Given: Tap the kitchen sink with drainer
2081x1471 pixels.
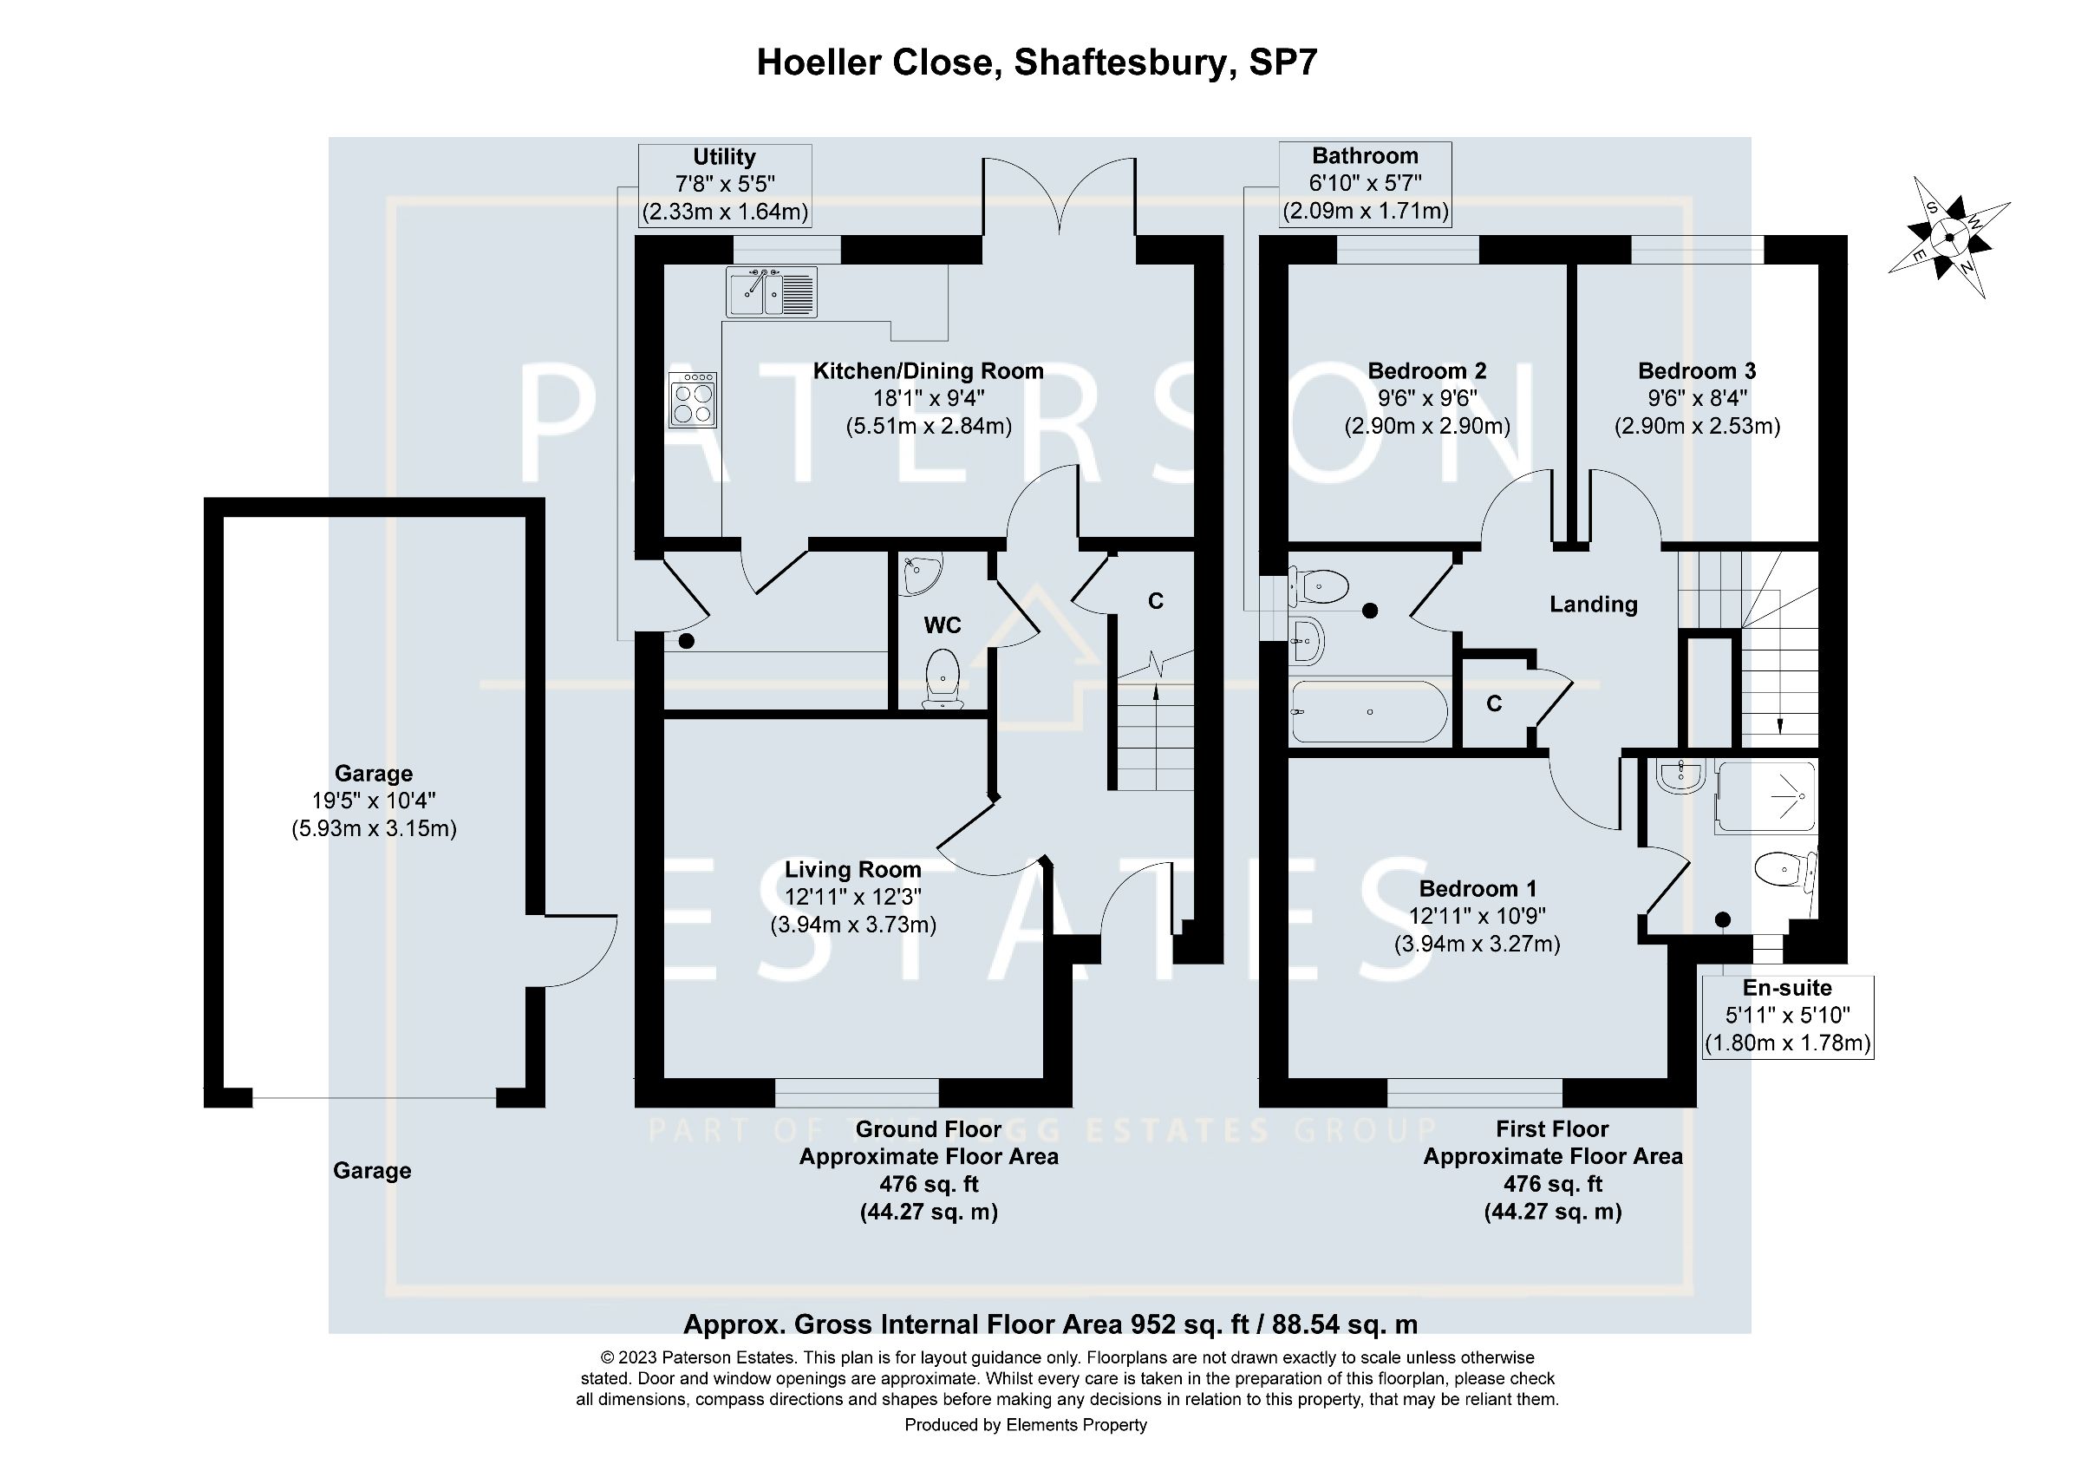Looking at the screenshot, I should (772, 291).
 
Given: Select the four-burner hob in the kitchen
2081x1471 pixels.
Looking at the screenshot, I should (693, 400).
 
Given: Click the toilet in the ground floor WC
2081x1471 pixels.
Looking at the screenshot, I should (943, 678).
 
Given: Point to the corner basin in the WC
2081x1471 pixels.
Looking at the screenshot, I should (921, 573).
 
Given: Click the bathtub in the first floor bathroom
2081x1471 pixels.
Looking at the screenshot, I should (1368, 711).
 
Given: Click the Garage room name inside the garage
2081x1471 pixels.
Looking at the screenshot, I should (374, 773).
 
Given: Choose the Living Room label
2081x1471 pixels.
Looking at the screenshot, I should (853, 869).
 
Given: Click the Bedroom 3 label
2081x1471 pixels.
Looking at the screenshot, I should (1697, 370).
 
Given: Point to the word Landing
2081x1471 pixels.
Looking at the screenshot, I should (1594, 605).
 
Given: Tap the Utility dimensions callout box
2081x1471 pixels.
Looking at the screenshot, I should (724, 185).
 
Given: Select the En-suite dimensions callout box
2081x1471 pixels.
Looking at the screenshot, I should (1787, 1016).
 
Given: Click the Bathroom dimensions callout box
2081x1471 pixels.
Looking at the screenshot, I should (1365, 184).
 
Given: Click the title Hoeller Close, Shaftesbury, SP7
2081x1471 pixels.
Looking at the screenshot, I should (1037, 62).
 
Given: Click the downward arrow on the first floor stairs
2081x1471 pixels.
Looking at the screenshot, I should (1780, 725).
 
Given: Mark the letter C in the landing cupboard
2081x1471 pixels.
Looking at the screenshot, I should (1495, 703).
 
